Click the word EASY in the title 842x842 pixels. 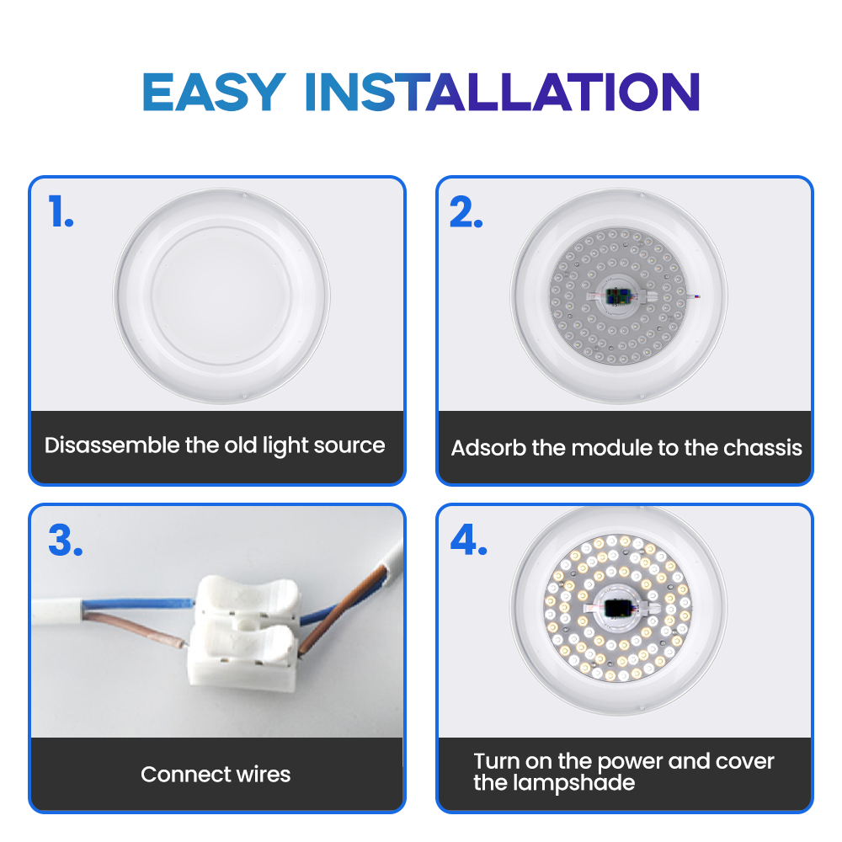click(214, 92)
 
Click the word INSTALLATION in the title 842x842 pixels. click(503, 92)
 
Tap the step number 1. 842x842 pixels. click(61, 211)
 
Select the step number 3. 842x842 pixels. click(66, 540)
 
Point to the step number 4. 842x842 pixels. click(469, 539)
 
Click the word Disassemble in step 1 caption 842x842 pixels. click(112, 445)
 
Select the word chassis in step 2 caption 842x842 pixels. click(763, 447)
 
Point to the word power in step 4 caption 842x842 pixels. click(629, 762)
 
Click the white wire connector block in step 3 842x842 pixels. click(242, 635)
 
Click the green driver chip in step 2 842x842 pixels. click(617, 296)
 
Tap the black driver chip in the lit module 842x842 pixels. click(616, 609)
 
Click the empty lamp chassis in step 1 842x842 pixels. click(221, 296)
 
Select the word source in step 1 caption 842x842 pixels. click(349, 445)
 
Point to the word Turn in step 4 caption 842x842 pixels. click(497, 761)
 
